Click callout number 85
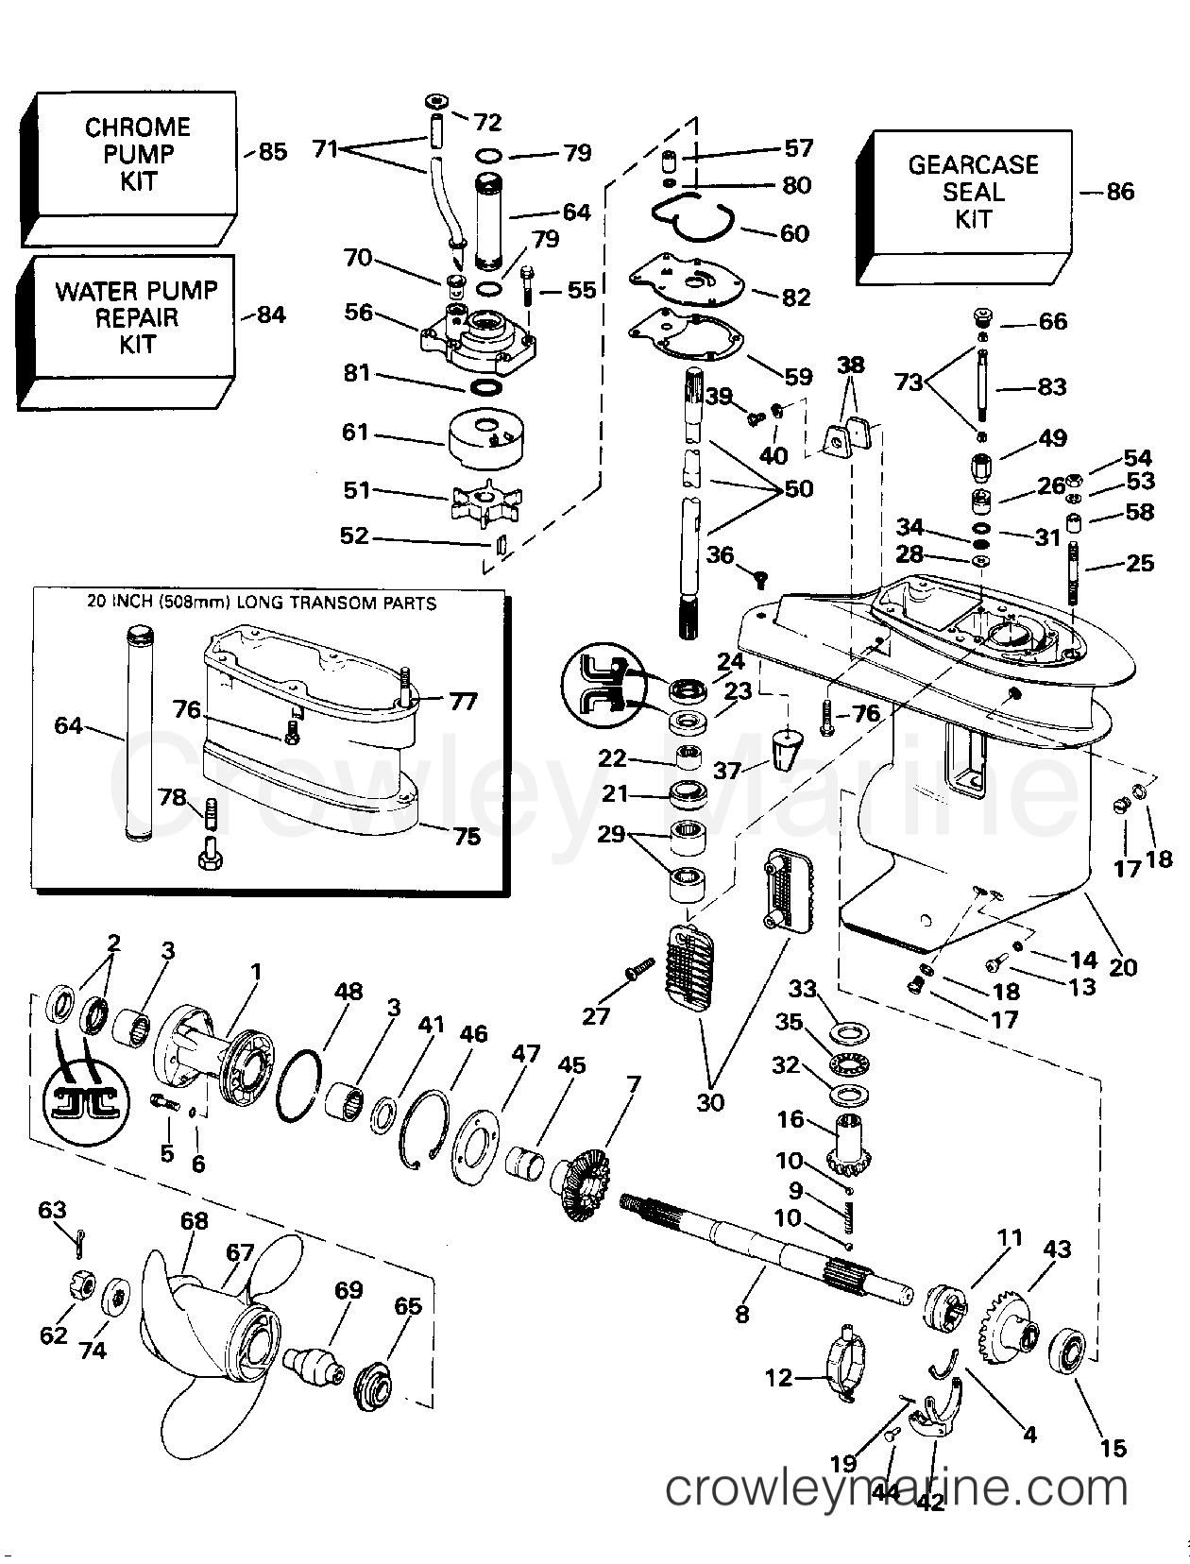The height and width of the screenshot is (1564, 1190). click(x=272, y=151)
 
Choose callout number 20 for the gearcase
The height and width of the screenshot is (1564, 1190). click(x=1124, y=967)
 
